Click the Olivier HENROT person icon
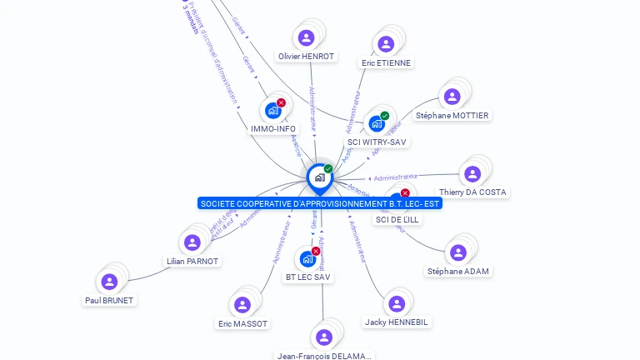click(x=306, y=37)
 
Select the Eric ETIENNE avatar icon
click(x=385, y=44)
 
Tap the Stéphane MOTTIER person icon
click(x=452, y=97)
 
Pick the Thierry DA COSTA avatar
click(x=472, y=173)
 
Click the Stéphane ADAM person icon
click(x=458, y=252)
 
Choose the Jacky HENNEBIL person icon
click(x=397, y=303)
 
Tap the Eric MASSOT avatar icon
click(x=242, y=305)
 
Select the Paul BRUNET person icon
click(x=109, y=282)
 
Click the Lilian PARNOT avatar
click(x=192, y=242)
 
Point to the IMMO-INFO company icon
click(x=272, y=110)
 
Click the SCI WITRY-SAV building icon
click(x=377, y=123)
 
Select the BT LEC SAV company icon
click(x=307, y=258)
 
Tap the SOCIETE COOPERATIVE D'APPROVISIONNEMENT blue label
click(x=320, y=203)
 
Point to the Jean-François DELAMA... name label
click(x=325, y=356)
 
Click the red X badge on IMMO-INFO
click(x=281, y=102)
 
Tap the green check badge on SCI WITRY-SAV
click(x=385, y=116)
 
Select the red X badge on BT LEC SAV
click(x=316, y=251)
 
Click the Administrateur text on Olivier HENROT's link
click(x=312, y=107)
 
